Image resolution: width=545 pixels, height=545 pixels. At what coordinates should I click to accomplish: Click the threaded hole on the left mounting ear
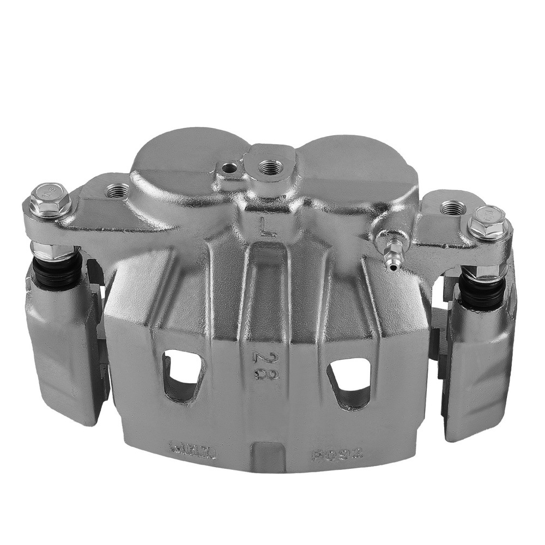coord(118,191)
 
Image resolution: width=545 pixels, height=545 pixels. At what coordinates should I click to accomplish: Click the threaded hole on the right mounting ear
coord(451,207)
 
